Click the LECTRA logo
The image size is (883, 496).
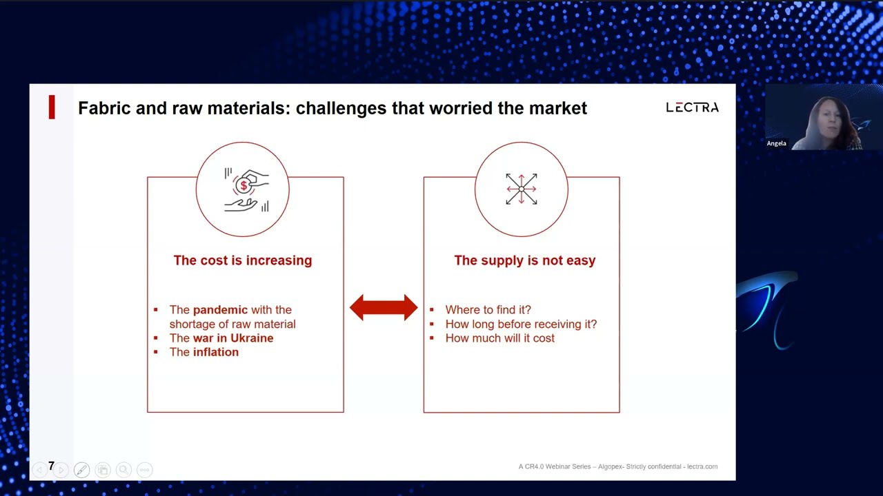point(692,107)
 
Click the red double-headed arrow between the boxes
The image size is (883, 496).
point(384,307)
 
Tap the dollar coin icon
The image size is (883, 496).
point(244,185)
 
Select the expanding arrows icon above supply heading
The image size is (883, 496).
point(521,189)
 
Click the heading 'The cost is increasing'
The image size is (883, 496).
point(243,260)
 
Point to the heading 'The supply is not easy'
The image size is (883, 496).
point(525,260)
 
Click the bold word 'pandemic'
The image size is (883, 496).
point(220,310)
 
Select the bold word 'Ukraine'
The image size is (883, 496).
point(252,338)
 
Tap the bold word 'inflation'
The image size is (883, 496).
point(216,352)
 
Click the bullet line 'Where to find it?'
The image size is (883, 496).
point(488,310)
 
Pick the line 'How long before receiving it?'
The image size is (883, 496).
point(521,324)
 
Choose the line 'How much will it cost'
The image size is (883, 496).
point(500,338)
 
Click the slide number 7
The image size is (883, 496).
point(51,466)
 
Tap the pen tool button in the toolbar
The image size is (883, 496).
point(81,470)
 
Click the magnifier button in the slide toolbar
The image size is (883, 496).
point(123,470)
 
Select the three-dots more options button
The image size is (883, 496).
point(145,470)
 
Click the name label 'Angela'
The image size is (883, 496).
point(777,143)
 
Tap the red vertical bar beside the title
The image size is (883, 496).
point(52,107)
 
